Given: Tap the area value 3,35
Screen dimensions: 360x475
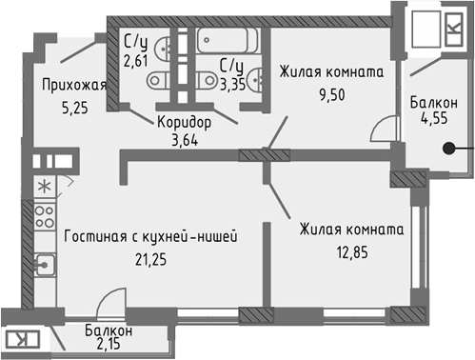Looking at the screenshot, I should pyautogui.click(x=232, y=83).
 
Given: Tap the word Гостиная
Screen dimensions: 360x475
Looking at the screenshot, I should pyautogui.click(x=96, y=234).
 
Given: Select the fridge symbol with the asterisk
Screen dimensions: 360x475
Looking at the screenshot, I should pyautogui.click(x=44, y=186).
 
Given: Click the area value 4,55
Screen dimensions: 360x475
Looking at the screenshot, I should pyautogui.click(x=434, y=121).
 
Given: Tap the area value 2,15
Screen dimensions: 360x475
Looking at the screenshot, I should pyautogui.click(x=109, y=347).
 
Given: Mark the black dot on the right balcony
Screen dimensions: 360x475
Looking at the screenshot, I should pyautogui.click(x=452, y=149).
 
